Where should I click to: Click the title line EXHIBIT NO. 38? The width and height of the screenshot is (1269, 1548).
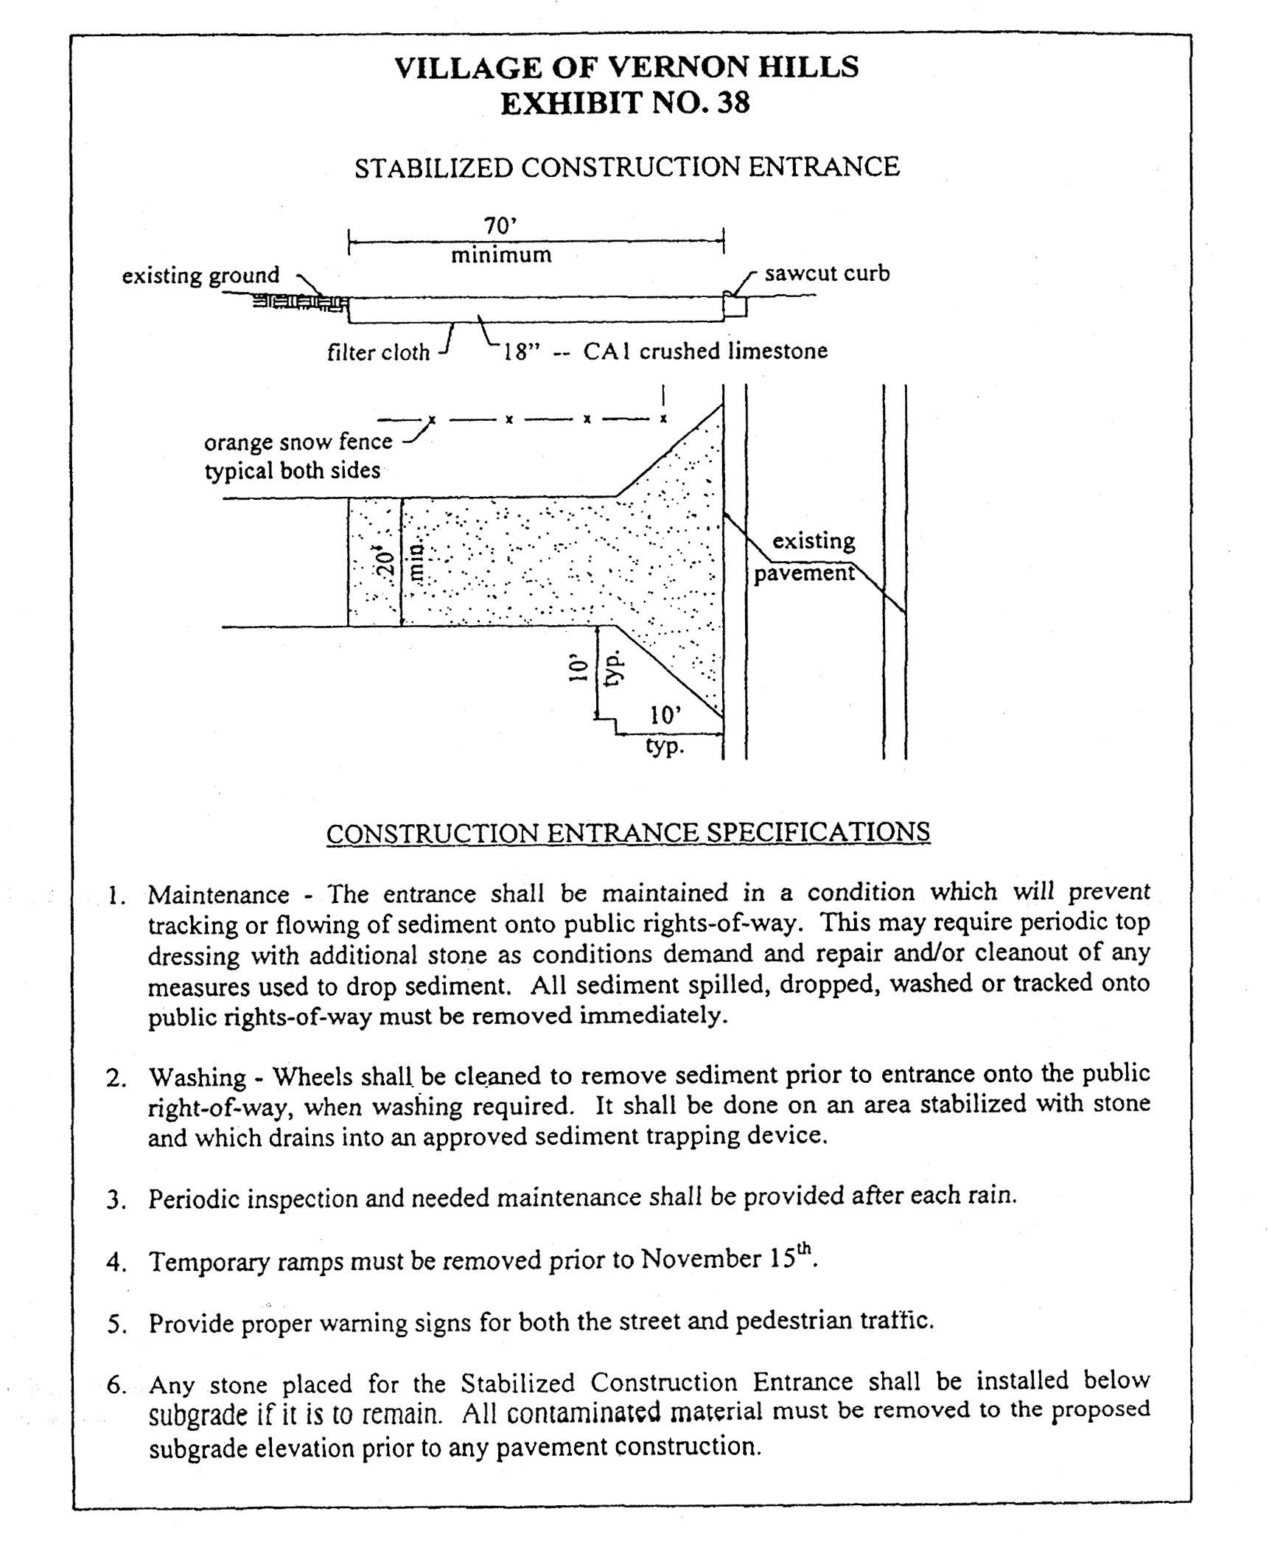coord(625,102)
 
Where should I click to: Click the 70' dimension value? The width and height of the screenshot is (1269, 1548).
coord(500,225)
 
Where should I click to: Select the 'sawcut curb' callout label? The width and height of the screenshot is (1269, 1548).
coord(827,273)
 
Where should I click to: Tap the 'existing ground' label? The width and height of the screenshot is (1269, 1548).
coord(200,276)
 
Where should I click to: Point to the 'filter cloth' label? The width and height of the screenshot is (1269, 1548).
coord(378,352)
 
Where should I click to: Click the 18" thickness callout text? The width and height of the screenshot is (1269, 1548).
coord(522,352)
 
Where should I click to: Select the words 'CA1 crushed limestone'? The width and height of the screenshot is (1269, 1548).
coord(705,351)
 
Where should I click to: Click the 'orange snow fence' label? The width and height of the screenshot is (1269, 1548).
coord(298,442)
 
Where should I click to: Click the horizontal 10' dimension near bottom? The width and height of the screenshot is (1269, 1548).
coord(665,715)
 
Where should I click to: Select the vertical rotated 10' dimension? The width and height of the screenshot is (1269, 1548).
coord(580,668)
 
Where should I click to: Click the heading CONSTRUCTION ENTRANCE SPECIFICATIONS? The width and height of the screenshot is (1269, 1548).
coord(628,833)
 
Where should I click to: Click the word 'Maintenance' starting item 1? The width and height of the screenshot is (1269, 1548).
coord(218,895)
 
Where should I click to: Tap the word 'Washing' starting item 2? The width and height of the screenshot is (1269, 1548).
coord(197,1078)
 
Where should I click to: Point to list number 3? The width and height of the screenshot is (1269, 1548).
coord(115,1200)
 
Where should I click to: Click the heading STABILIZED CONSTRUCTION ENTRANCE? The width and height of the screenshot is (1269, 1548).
coord(626,167)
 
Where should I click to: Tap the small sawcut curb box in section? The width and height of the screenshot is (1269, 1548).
coord(735,306)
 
